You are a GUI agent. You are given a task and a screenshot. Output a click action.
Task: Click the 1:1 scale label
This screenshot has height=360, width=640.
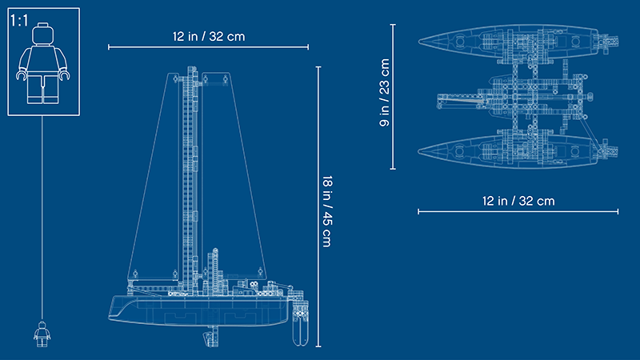point(19,21)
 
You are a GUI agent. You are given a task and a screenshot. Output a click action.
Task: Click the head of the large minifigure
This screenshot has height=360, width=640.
point(43,34)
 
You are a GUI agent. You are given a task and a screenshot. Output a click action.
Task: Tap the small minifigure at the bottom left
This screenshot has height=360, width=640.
point(42,334)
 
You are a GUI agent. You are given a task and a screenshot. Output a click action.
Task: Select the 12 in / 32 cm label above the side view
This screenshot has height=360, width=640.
point(209,36)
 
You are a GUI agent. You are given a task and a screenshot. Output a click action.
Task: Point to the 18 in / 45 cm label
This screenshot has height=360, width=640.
point(327,211)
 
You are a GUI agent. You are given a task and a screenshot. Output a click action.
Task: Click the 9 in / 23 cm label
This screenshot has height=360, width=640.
point(385,93)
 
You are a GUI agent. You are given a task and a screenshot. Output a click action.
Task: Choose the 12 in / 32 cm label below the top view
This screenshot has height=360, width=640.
point(518,201)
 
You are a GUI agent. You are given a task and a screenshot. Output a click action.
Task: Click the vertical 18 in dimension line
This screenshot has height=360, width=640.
point(318,206)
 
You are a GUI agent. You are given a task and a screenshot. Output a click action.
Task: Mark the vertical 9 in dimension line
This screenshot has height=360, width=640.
point(393,96)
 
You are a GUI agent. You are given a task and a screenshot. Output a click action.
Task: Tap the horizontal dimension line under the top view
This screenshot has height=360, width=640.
point(518,211)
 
